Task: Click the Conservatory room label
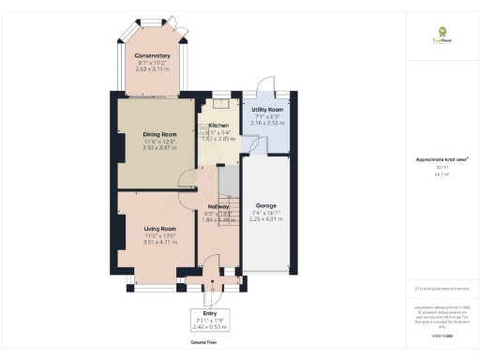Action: tap(151, 55)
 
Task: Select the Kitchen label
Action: tap(218, 125)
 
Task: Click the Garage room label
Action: tap(267, 204)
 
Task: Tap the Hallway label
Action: tap(218, 205)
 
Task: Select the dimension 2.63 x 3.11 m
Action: tap(151, 69)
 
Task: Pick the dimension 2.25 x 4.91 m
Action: tap(267, 219)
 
